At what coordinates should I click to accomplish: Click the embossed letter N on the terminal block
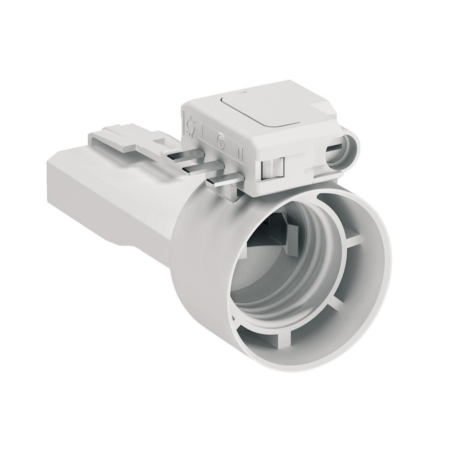pyautogui.click(x=240, y=153)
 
